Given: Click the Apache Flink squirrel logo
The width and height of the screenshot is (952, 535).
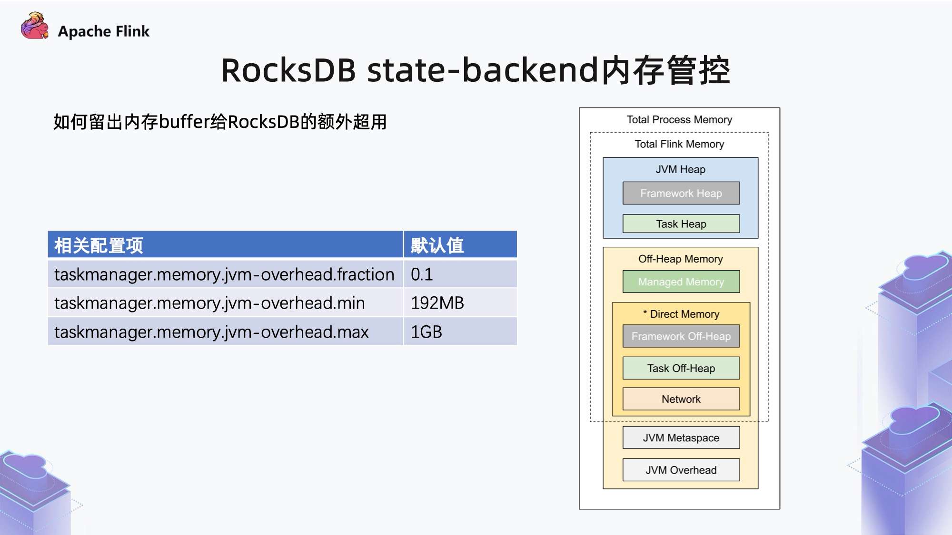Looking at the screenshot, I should pyautogui.click(x=35, y=26).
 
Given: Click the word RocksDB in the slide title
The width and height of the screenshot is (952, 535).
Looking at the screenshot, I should pyautogui.click(x=288, y=70).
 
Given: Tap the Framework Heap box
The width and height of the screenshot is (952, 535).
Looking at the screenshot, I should pyautogui.click(x=681, y=193).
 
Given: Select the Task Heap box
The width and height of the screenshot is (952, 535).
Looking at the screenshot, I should pyautogui.click(x=681, y=224).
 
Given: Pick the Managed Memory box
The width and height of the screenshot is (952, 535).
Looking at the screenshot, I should pyautogui.click(x=681, y=282).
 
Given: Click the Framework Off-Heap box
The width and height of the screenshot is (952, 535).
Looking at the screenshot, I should pyautogui.click(x=681, y=336).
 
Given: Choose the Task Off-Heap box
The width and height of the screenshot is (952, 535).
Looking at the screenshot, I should pyautogui.click(x=681, y=368).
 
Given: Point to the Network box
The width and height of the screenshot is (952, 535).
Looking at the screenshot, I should pyautogui.click(x=681, y=399).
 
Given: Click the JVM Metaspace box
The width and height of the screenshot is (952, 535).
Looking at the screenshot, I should pyautogui.click(x=681, y=438).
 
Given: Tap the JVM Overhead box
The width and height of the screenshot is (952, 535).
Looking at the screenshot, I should pyautogui.click(x=681, y=470).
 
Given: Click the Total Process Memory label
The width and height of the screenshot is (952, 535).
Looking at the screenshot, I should pyautogui.click(x=679, y=120).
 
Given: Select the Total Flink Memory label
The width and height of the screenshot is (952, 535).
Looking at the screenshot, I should pyautogui.click(x=679, y=144).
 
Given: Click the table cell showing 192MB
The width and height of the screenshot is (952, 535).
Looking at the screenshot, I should pyautogui.click(x=460, y=303).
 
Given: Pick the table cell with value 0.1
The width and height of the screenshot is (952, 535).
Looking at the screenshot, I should pyautogui.click(x=460, y=274).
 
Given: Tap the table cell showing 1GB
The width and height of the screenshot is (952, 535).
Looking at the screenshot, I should pyautogui.click(x=460, y=331).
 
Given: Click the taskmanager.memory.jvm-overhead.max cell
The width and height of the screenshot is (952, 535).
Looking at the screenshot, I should pyautogui.click(x=225, y=331).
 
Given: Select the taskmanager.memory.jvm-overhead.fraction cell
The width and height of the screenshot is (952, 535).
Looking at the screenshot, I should pyautogui.click(x=225, y=274).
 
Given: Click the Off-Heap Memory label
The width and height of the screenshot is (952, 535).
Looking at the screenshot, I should pyautogui.click(x=680, y=259).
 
